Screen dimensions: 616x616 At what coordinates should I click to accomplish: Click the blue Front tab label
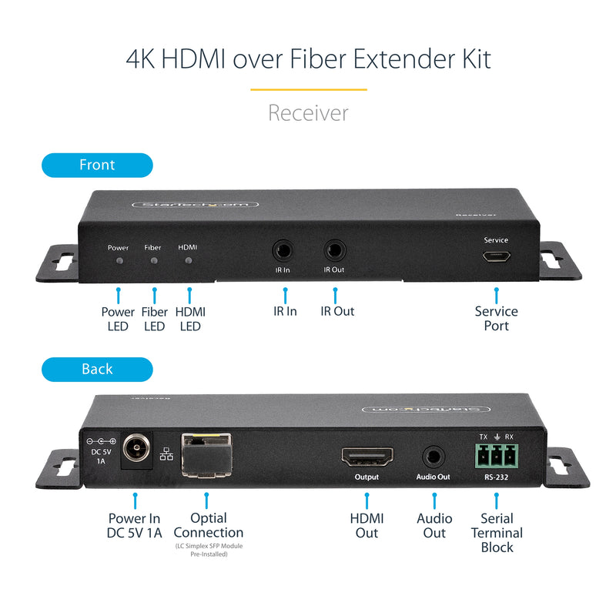pyautogui.click(x=97, y=165)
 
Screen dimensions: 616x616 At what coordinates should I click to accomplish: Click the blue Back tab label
pyautogui.click(x=97, y=369)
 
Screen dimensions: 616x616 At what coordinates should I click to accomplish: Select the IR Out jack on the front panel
pyautogui.click(x=334, y=250)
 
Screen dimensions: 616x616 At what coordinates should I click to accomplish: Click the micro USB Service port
pyautogui.click(x=496, y=258)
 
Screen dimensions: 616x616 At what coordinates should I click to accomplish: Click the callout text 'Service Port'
pyautogui.click(x=496, y=318)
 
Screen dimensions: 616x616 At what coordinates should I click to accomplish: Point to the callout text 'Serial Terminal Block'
pyautogui.click(x=497, y=533)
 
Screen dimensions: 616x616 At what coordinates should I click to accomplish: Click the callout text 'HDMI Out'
pyautogui.click(x=367, y=525)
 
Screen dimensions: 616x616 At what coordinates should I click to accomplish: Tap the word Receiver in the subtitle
pyautogui.click(x=308, y=113)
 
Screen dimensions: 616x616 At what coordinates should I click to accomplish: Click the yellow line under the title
pyautogui.click(x=308, y=90)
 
